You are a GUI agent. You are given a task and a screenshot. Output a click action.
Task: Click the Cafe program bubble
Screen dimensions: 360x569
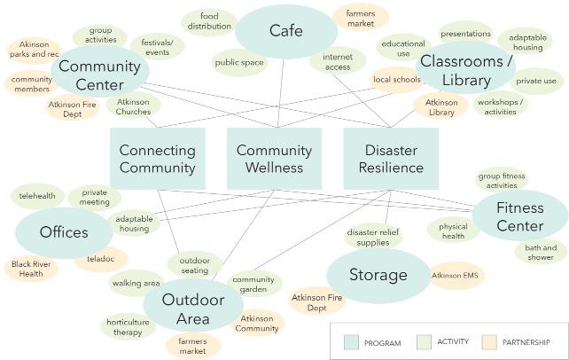point(285,31)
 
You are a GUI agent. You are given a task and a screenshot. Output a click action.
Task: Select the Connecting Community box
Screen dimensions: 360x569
point(157,159)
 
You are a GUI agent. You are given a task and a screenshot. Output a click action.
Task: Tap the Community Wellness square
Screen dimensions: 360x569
point(274,159)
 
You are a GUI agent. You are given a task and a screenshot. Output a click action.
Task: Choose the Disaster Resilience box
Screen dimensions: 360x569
point(391,159)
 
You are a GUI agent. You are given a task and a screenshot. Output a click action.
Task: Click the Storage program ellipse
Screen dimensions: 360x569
point(378,275)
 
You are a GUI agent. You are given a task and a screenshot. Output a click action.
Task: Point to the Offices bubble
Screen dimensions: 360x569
point(64,233)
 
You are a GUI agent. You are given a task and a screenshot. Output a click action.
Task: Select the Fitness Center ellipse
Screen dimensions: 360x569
point(519,215)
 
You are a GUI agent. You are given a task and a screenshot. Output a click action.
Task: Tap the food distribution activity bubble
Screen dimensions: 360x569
point(209,21)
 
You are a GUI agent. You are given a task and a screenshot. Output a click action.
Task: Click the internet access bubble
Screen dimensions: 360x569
point(338,60)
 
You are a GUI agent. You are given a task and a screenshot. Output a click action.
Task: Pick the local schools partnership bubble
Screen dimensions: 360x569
point(395,80)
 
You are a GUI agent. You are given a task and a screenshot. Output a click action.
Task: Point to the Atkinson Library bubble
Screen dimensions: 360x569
point(441,107)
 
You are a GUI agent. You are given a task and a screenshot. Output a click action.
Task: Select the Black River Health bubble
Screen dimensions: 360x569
point(31,268)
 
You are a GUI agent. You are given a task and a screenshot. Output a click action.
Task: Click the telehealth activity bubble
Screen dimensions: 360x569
point(37,195)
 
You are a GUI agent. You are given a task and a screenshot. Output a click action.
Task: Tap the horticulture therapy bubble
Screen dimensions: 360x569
point(128,326)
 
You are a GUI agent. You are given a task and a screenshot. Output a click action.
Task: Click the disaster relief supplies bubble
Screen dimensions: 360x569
point(368,237)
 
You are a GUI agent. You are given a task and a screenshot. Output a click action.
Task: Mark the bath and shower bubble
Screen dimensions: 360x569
point(541,252)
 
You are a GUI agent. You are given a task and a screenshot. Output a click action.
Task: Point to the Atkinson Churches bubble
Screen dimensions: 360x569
point(134,106)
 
